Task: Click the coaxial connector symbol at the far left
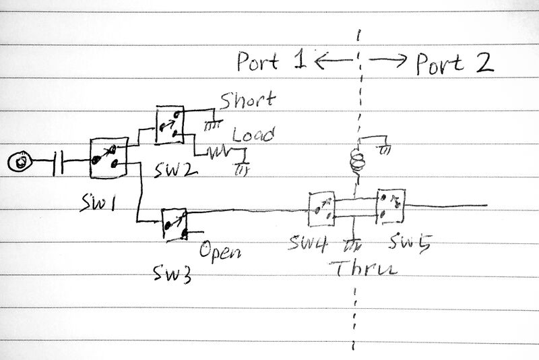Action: (22, 162)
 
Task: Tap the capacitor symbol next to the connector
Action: (61, 162)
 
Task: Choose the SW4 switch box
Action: (321, 209)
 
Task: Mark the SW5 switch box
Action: (390, 206)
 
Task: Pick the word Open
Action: (220, 253)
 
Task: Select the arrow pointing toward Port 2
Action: (389, 62)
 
